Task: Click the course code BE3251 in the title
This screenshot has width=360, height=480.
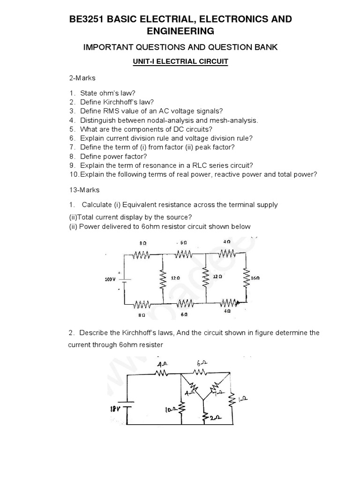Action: (x=86, y=19)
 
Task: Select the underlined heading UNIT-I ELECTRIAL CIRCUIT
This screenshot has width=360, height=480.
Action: (x=180, y=62)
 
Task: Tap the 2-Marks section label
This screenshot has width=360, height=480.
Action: (x=82, y=78)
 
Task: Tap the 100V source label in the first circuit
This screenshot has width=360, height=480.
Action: (x=110, y=279)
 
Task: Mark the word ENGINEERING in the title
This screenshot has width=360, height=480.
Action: (x=180, y=31)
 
